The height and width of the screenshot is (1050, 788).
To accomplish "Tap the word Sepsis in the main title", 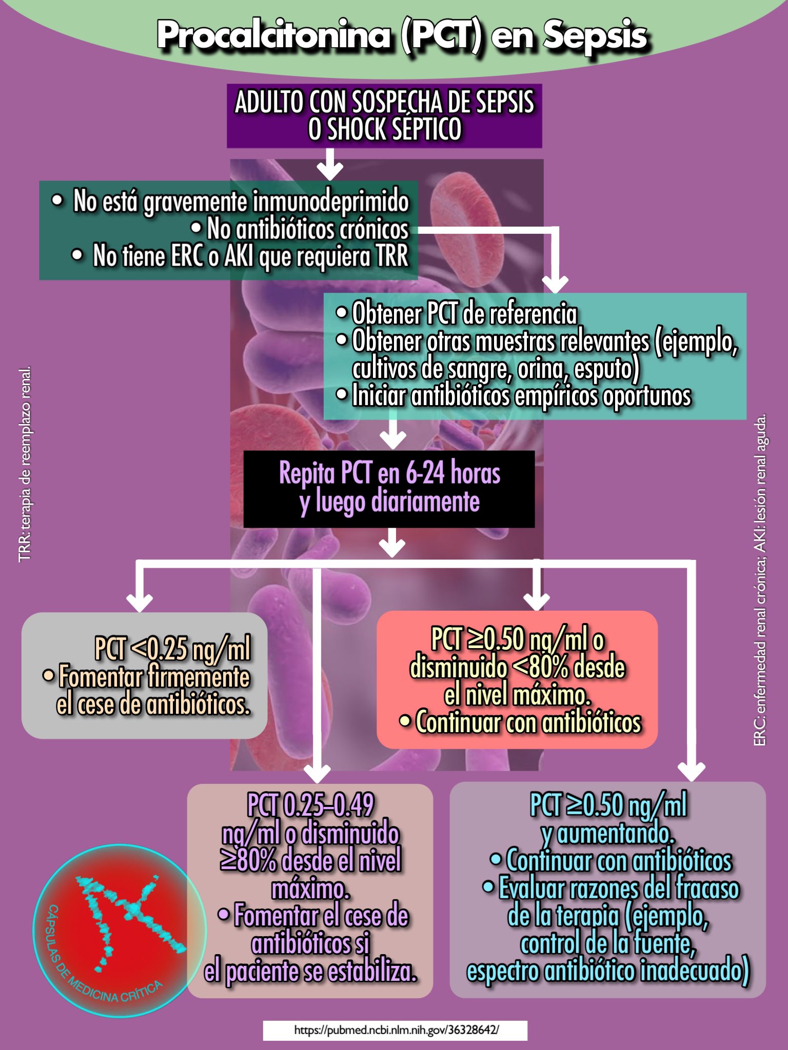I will click(x=595, y=36).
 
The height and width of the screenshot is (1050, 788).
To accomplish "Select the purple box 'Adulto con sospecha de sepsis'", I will click(x=384, y=116).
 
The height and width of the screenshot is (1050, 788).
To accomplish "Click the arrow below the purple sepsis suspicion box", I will click(x=330, y=164).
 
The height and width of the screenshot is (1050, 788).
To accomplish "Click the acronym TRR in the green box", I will click(x=392, y=256).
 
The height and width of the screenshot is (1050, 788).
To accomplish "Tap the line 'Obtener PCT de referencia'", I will click(x=464, y=314).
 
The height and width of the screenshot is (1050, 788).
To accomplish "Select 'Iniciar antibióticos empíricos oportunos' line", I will click(x=521, y=396).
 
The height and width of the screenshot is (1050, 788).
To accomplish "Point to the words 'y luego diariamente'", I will click(x=390, y=501).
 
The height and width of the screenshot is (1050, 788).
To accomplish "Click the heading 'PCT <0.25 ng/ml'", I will click(x=172, y=649).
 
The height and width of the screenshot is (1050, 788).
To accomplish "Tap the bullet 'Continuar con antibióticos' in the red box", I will click(x=528, y=722).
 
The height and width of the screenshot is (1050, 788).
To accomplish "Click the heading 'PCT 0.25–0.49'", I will click(x=310, y=805).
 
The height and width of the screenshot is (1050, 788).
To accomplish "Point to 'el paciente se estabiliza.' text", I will click(x=310, y=972).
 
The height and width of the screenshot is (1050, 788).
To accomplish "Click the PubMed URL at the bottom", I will click(x=395, y=1030).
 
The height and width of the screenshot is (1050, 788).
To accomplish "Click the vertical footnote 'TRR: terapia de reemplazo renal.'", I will click(x=25, y=463).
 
